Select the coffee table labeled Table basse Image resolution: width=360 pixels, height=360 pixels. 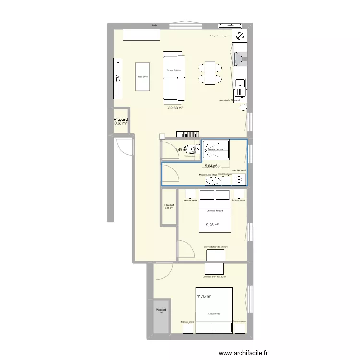[143, 76]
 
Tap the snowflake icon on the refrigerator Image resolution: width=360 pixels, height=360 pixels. [239, 35]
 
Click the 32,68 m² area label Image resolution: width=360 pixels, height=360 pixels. [175, 108]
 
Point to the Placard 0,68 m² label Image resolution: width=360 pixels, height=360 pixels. [120, 121]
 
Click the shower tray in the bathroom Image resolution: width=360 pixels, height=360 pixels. [216, 149]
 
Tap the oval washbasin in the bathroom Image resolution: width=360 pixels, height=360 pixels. [213, 181]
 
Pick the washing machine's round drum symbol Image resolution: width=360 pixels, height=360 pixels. [239, 180]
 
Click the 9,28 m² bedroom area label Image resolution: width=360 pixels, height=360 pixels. [212, 225]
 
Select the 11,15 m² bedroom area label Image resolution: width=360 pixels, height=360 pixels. [204, 297]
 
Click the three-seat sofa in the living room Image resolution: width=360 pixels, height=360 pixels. [173, 77]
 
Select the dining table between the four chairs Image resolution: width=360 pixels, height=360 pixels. [210, 73]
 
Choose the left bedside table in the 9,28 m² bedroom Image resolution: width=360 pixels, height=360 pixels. [191, 194]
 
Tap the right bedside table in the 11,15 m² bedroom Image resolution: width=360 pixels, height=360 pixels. [239, 327]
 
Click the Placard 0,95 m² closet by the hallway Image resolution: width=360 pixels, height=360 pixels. [169, 206]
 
